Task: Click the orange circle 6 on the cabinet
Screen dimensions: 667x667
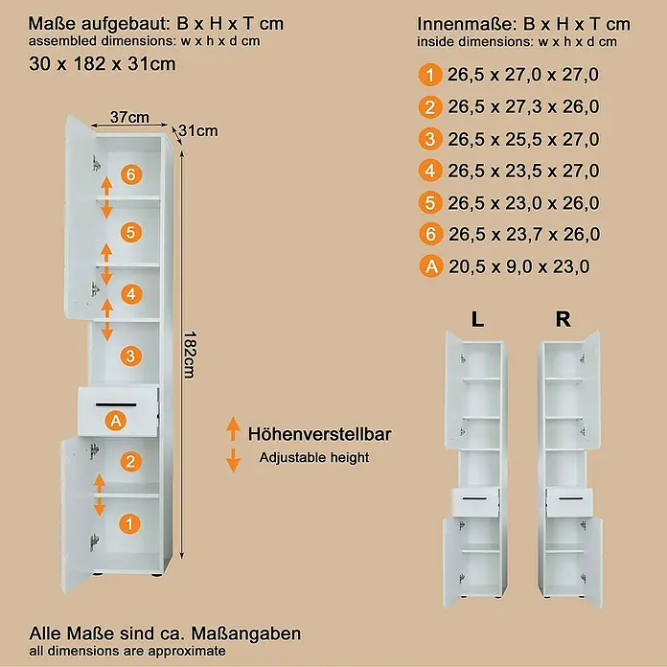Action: click(131, 174)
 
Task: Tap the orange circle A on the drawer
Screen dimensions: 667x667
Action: click(116, 421)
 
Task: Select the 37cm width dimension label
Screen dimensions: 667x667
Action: click(129, 117)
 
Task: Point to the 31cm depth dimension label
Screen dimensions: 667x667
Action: click(198, 130)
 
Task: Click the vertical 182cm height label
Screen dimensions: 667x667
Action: click(190, 355)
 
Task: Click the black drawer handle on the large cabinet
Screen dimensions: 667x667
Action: click(116, 404)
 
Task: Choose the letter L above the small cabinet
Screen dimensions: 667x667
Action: click(477, 319)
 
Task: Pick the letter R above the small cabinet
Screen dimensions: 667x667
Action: click(563, 319)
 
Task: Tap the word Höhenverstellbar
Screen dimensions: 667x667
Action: click(319, 434)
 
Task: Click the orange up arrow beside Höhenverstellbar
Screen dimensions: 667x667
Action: click(233, 428)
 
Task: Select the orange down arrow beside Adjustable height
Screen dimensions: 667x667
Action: click(233, 460)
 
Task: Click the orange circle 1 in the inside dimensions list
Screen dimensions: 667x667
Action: click(430, 75)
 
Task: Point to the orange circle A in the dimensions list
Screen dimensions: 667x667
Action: click(431, 266)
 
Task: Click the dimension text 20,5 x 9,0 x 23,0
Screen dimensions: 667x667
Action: click(519, 266)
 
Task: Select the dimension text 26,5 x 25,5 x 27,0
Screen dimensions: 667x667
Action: click(523, 139)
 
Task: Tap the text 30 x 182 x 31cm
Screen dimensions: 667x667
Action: click(103, 64)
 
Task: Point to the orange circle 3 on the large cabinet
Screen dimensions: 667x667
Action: click(130, 356)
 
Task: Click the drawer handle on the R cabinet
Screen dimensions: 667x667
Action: click(570, 498)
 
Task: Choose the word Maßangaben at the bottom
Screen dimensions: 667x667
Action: click(246, 633)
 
